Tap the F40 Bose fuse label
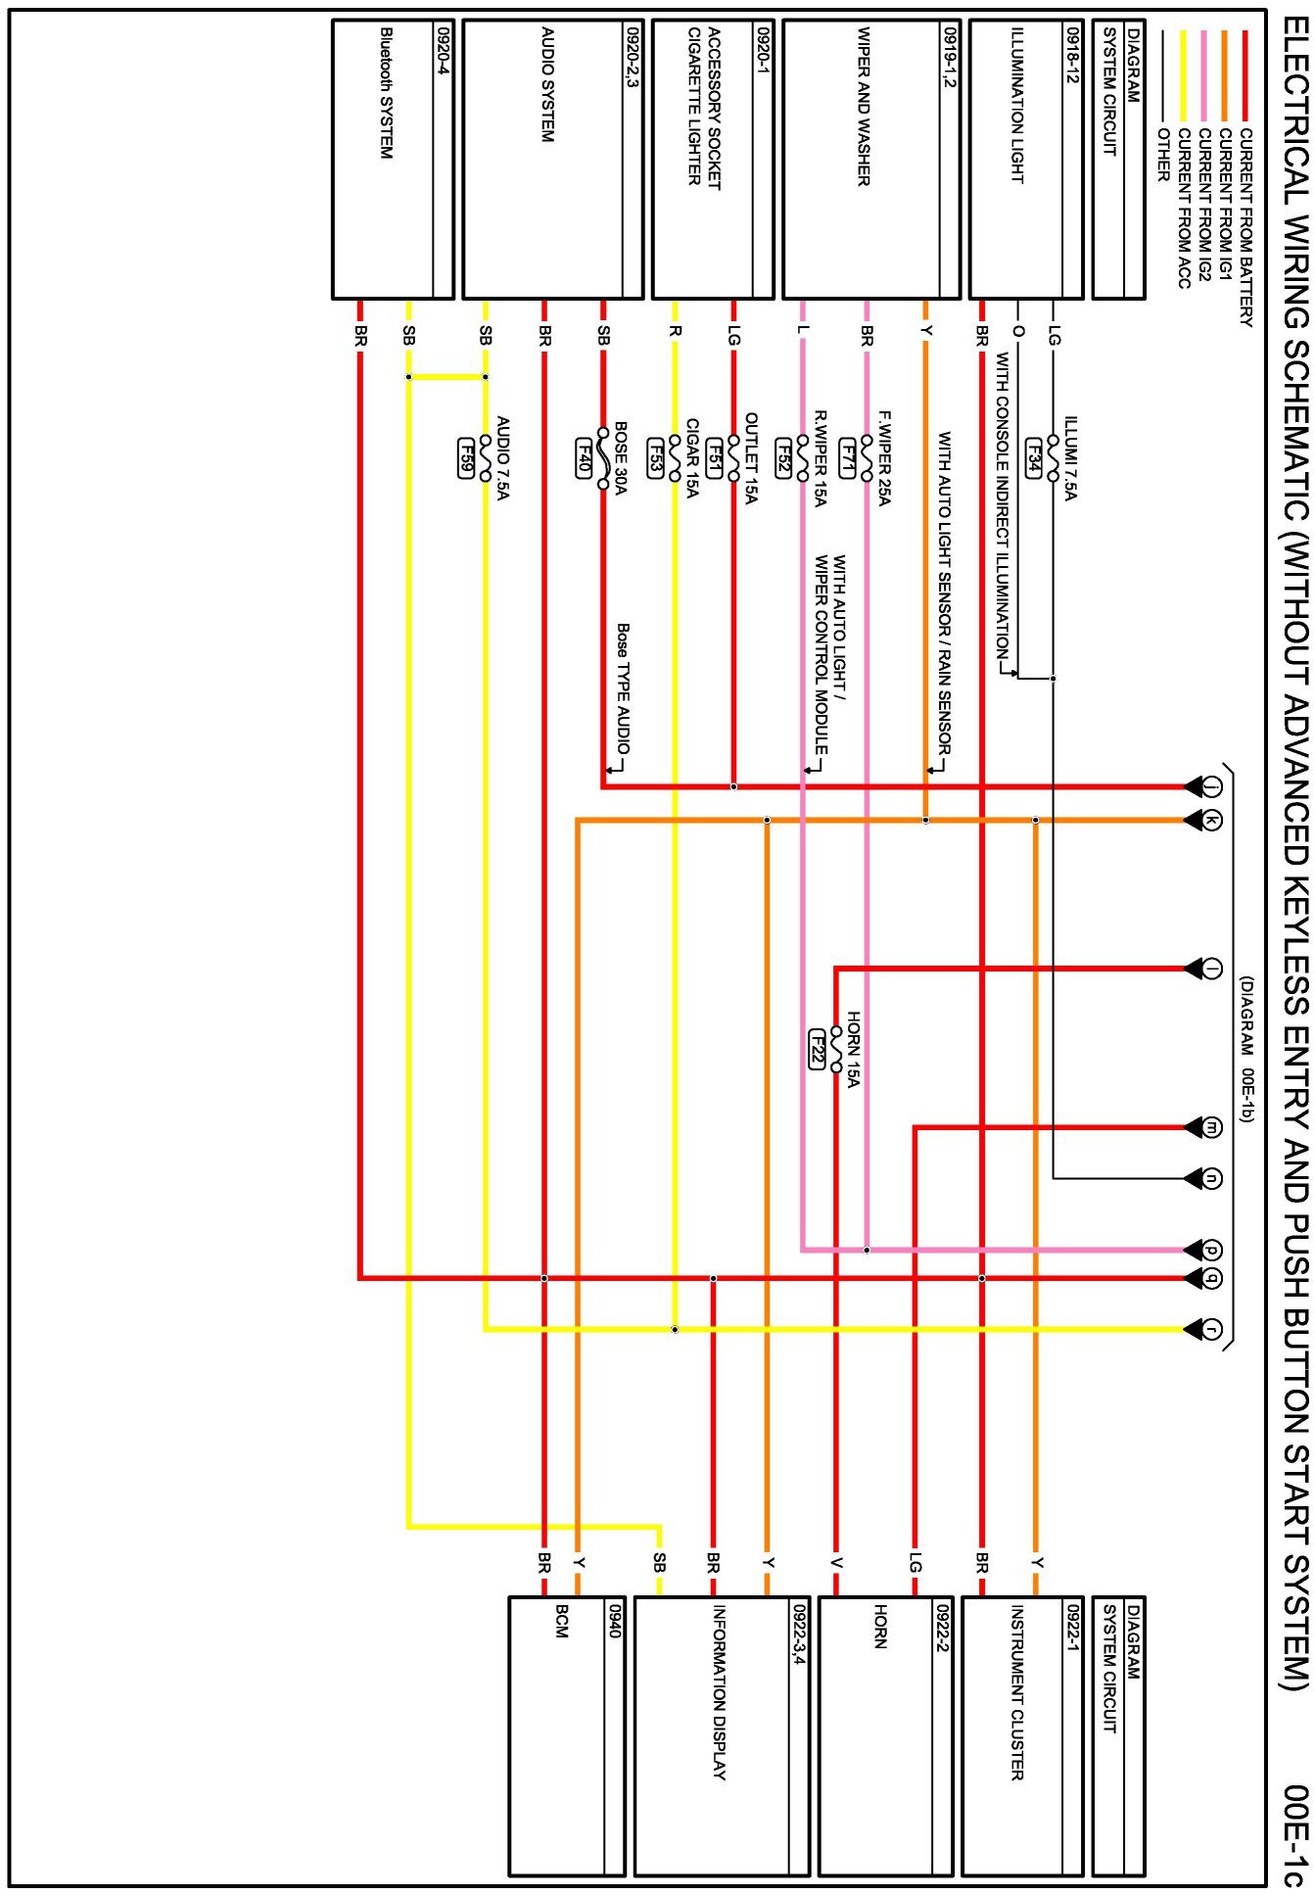pyautogui.click(x=584, y=457)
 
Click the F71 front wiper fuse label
pyautogui.click(x=848, y=457)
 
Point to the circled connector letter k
pyautogui.click(x=1212, y=821)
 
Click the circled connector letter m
pyautogui.click(x=1212, y=1127)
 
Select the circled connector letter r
pyautogui.click(x=1212, y=1329)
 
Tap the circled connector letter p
pyautogui.click(x=1212, y=1250)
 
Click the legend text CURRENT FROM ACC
pyautogui.click(x=1184, y=208)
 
